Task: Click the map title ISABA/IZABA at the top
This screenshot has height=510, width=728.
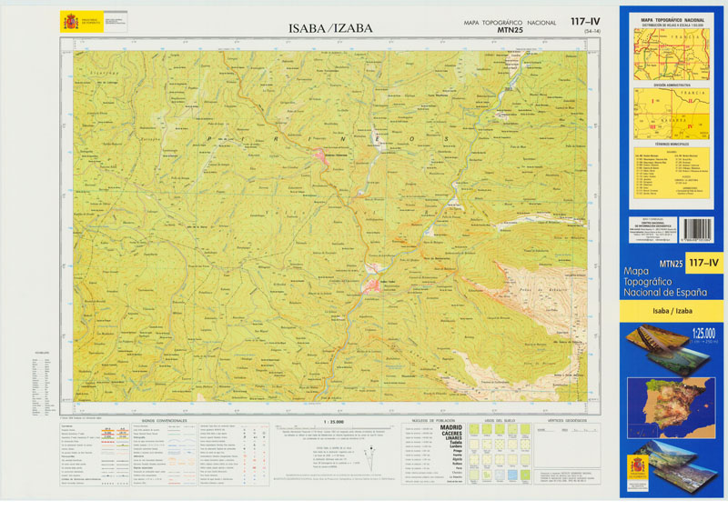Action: point(330,28)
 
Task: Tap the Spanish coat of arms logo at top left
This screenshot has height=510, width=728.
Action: point(69,21)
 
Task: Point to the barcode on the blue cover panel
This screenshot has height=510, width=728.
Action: point(698,228)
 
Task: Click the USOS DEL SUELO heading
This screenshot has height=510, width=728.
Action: point(500,420)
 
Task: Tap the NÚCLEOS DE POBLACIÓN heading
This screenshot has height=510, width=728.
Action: point(431,420)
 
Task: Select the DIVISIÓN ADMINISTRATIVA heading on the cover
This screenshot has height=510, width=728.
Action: point(672,84)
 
